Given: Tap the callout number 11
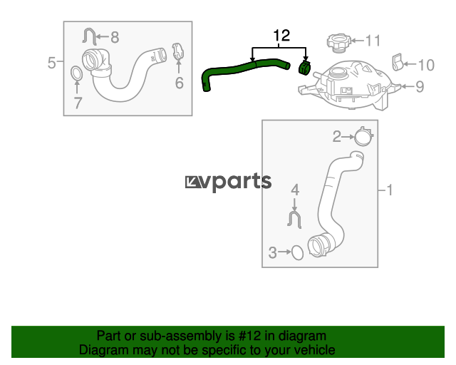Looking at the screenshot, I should click(x=373, y=40).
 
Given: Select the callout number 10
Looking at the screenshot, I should click(x=425, y=66).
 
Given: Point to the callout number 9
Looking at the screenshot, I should click(x=420, y=88).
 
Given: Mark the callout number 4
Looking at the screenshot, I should click(x=295, y=190).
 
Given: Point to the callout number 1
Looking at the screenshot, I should click(x=390, y=190).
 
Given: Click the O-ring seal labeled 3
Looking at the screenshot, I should click(x=297, y=252).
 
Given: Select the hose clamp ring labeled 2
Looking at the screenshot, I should click(x=364, y=135).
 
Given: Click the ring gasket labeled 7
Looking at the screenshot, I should click(x=76, y=73).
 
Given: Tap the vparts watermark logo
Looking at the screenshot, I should click(x=228, y=182).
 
